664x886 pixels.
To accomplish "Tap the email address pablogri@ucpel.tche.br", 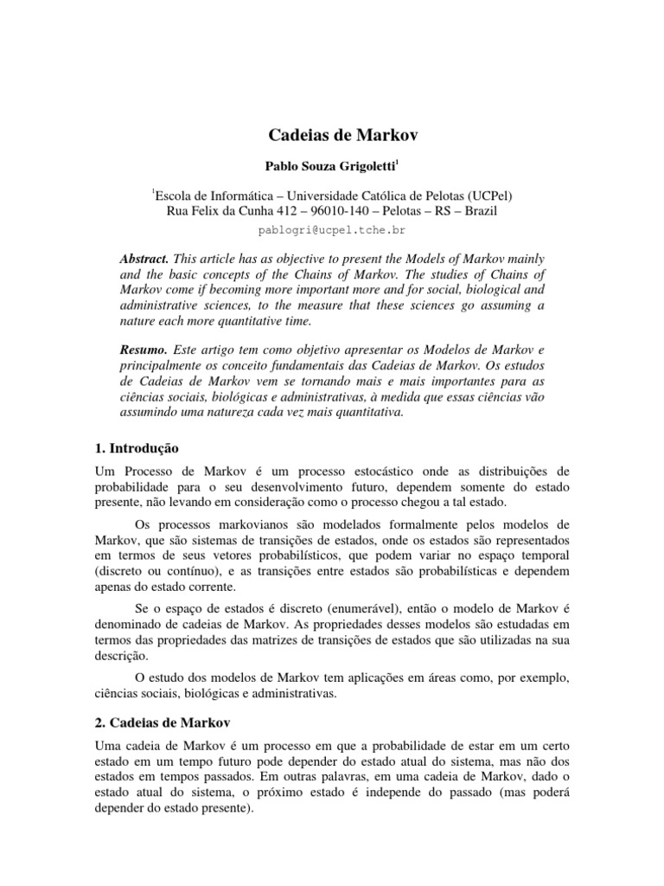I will tap(332, 231).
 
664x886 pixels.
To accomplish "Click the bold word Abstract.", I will tap(144, 260).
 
